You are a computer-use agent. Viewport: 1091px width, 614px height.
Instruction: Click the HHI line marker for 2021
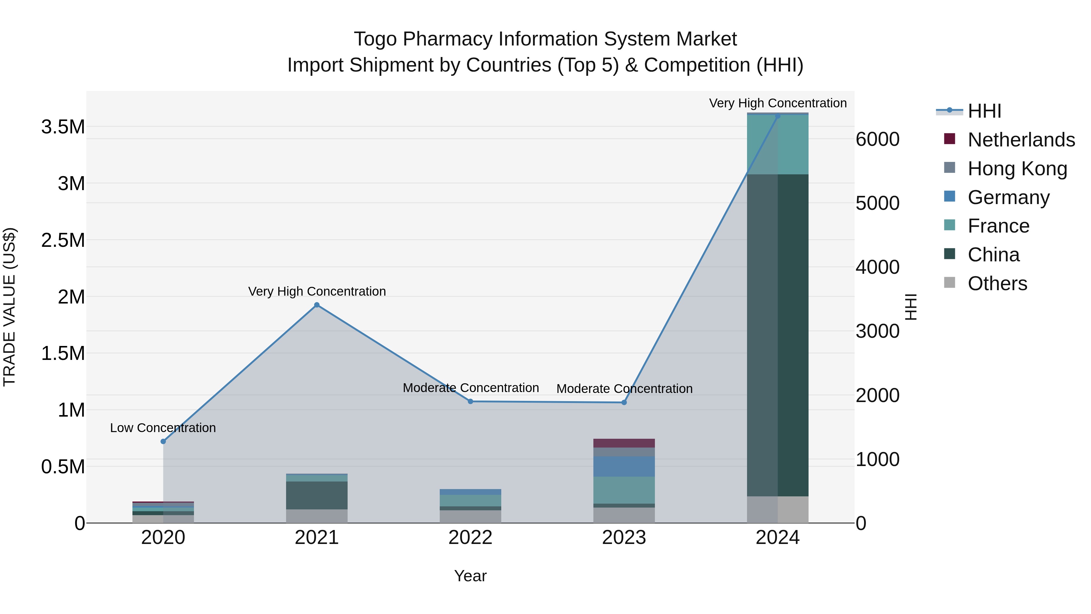[316, 305]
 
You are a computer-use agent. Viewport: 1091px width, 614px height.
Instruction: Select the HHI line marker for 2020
[163, 441]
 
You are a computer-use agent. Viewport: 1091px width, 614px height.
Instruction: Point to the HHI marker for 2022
[470, 401]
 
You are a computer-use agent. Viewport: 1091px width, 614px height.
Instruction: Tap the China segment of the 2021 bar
[316, 495]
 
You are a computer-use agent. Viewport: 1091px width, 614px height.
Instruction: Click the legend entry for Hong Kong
[1016, 168]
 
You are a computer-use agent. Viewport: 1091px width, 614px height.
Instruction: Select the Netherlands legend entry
[1021, 139]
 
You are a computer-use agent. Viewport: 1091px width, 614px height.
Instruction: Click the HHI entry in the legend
[984, 111]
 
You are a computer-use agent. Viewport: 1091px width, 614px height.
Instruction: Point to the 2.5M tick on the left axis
[63, 240]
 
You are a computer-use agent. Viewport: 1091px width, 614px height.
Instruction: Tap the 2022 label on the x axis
[470, 538]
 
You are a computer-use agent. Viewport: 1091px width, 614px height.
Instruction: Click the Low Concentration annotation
[163, 428]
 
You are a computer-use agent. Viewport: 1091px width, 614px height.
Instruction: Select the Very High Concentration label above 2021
[317, 291]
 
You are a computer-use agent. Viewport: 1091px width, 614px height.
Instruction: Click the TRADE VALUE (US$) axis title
[9, 307]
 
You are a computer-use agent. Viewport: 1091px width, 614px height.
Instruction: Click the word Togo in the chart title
[375, 39]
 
